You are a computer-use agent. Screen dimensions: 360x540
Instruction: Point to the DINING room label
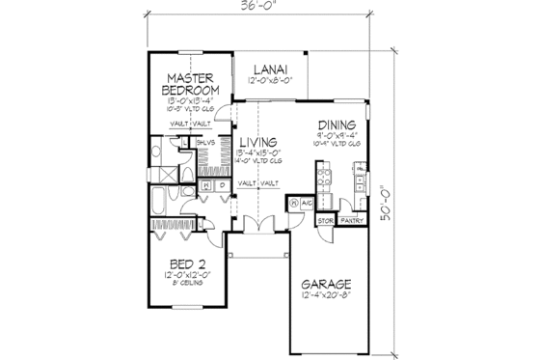pos(337,125)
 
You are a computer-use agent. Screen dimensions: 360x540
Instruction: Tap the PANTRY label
pos(353,221)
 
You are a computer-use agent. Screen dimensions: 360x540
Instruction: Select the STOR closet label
pos(326,221)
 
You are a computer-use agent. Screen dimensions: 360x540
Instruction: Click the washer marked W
pos(205,183)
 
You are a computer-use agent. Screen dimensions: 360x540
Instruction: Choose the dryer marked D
pos(221,183)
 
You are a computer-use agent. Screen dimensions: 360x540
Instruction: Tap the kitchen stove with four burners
pos(322,180)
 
